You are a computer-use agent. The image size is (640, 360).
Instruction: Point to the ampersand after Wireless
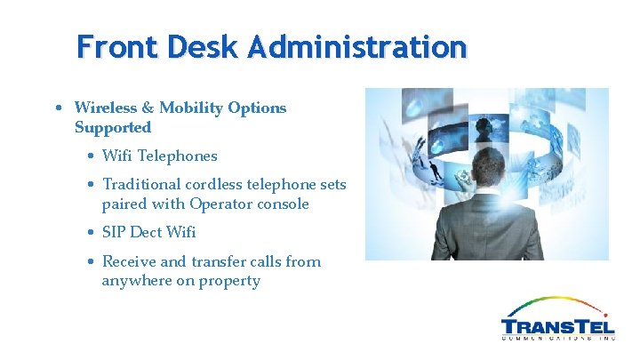coord(148,108)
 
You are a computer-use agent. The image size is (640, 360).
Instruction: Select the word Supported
coord(113,127)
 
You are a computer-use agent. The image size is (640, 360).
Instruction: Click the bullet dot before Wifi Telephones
coord(92,156)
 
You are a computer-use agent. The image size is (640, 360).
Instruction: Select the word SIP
coord(115,232)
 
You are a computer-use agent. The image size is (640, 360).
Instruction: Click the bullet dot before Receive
coord(92,262)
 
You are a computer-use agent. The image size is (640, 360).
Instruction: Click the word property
coord(231,281)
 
